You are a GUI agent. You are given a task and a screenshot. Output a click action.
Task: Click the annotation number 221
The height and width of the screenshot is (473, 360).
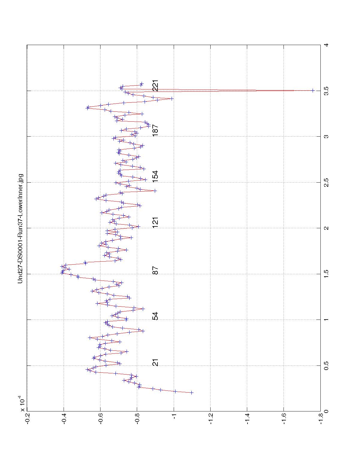[155, 86]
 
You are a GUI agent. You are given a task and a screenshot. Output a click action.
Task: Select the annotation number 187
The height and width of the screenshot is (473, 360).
[155, 130]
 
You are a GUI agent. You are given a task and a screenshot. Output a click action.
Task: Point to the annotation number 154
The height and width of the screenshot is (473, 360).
[155, 177]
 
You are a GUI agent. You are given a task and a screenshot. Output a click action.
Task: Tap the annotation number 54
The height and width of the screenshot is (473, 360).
[155, 316]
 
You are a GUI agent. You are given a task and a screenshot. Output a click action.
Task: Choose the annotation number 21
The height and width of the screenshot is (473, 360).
[155, 362]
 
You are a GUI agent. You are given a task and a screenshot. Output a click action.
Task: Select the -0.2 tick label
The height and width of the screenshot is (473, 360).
[27, 419]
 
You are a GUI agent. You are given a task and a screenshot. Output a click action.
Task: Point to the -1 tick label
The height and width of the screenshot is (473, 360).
[174, 419]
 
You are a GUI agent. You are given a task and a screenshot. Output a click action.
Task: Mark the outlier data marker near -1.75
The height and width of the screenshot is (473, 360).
[313, 90]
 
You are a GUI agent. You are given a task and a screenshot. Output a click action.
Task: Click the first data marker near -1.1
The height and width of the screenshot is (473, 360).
[192, 393]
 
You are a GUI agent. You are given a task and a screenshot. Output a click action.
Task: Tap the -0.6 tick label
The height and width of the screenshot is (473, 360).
[100, 419]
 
